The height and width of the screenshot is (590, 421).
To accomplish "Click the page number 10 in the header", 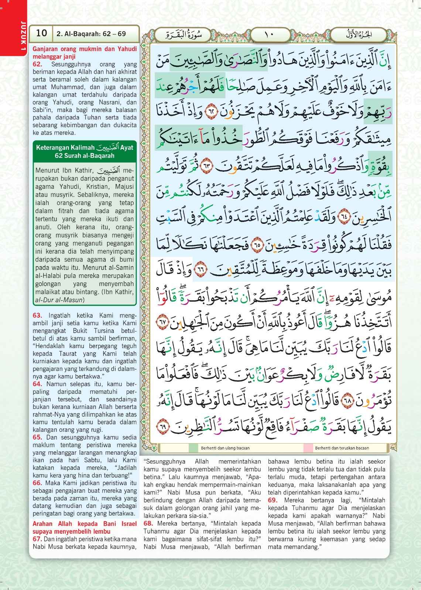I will tap(41, 33).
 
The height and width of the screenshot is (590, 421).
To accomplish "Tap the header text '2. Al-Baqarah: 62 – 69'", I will tap(91, 34).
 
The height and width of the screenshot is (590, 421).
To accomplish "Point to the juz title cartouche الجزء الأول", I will tap(359, 35).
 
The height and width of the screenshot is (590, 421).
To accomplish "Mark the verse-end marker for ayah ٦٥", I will tap(257, 244).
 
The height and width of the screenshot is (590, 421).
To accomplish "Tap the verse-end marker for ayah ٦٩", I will tap(162, 427).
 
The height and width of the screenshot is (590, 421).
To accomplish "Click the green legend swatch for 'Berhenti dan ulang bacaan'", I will tap(194, 448).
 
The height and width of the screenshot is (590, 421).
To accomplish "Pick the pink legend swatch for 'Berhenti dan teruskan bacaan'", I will tap(308, 448).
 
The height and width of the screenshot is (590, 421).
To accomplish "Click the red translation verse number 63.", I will tap(37, 315).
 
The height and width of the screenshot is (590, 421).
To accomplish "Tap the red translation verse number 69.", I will tap(273, 500).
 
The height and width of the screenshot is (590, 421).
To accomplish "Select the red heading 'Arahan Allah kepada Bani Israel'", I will tap(85, 524).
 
